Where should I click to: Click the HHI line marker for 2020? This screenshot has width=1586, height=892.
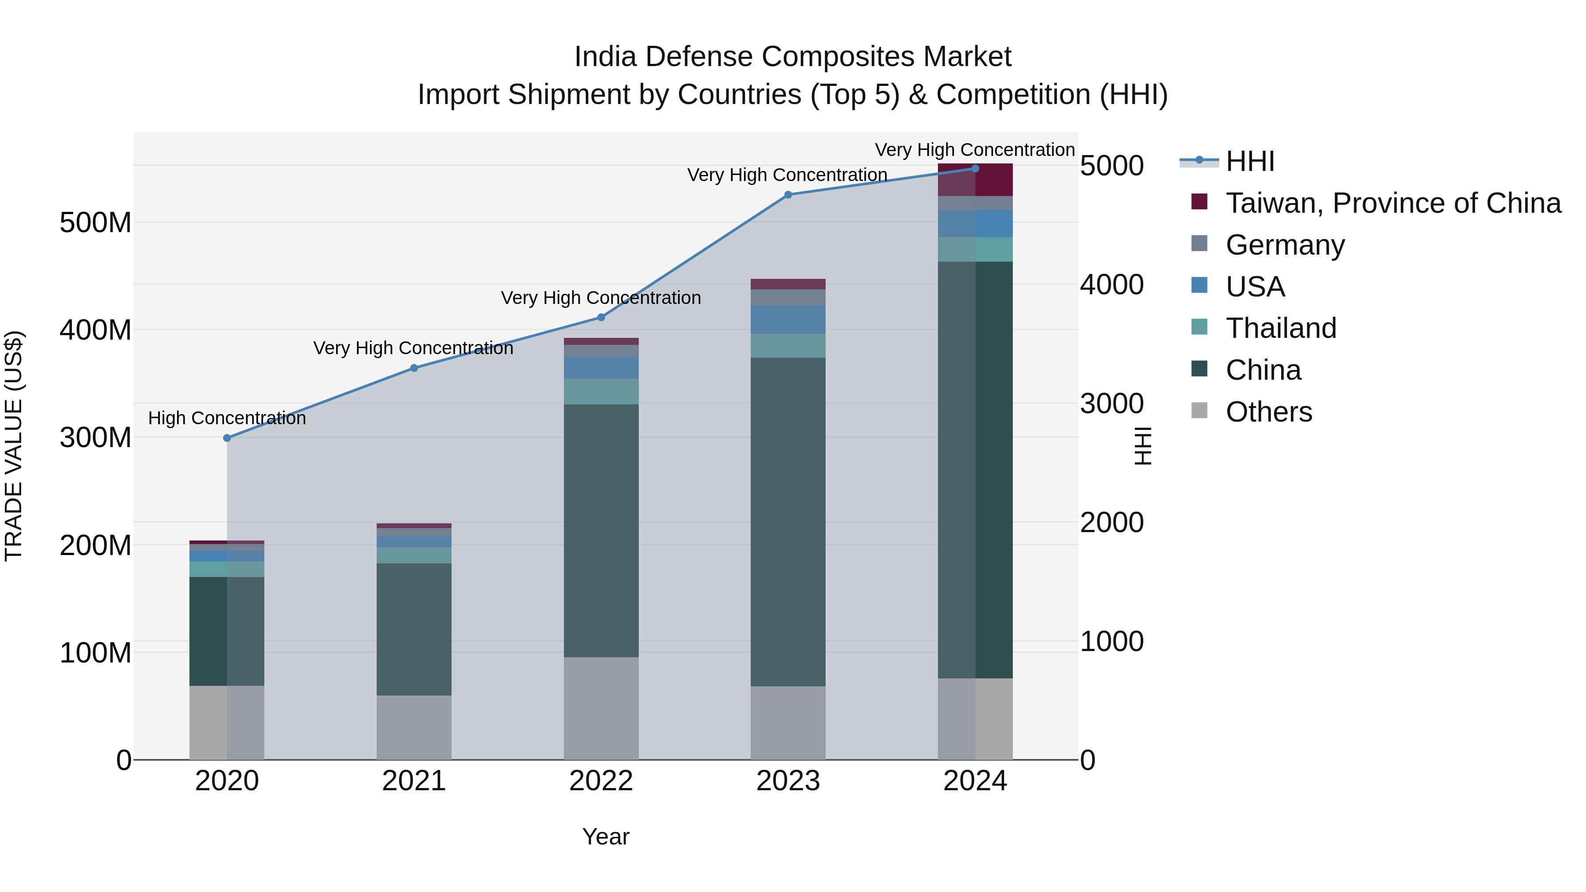click(x=227, y=438)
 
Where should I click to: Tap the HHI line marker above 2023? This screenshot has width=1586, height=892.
click(x=788, y=195)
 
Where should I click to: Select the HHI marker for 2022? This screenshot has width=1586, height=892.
click(x=601, y=318)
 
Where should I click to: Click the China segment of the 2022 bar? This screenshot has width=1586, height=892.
click(x=601, y=529)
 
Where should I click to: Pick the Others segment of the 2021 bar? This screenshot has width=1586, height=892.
click(x=414, y=728)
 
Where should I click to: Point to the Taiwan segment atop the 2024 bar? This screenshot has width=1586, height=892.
click(x=975, y=180)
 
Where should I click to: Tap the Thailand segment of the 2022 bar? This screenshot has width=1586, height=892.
click(x=601, y=392)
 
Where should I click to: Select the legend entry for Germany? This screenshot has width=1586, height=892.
click(x=1285, y=245)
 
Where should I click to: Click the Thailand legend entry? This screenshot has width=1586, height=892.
click(x=1281, y=328)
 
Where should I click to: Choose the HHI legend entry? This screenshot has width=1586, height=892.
click(x=1250, y=161)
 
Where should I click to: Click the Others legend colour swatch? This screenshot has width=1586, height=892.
click(x=1199, y=411)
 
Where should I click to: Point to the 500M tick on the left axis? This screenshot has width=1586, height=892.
click(x=96, y=222)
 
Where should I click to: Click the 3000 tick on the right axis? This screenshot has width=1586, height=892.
click(x=1112, y=404)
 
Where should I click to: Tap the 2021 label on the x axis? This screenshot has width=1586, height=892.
click(x=414, y=781)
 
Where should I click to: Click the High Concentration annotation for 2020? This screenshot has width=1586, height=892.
click(x=227, y=418)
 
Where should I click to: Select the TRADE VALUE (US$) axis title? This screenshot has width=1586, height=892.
click(x=14, y=446)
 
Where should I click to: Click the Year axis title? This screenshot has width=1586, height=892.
click(x=606, y=836)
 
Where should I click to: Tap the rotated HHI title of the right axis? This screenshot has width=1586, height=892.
click(x=1143, y=446)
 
